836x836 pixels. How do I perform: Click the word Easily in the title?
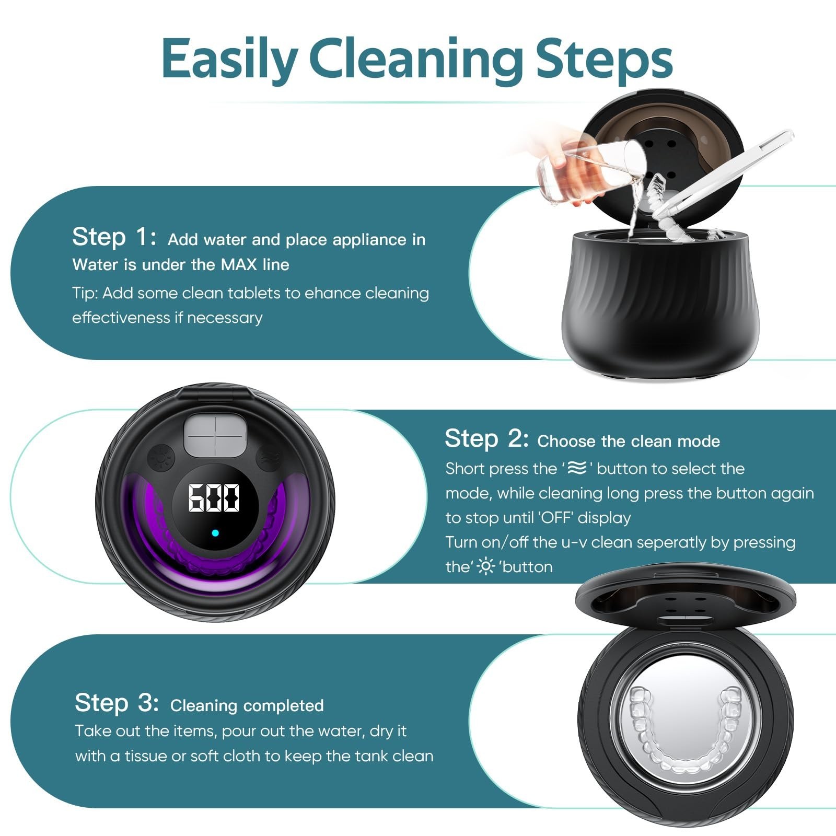[229, 59]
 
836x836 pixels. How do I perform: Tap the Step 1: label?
[114, 237]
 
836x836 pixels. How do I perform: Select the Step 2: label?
[486, 438]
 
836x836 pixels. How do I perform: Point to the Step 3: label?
[117, 703]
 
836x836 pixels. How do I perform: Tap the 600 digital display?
[214, 497]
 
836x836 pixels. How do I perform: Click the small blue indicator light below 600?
[215, 533]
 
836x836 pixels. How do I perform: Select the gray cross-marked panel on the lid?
[215, 435]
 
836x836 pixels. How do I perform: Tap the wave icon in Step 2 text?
[576, 468]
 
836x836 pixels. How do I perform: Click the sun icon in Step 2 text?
[486, 566]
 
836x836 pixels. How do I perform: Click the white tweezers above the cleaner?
[726, 172]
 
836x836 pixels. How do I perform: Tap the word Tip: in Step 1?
[85, 293]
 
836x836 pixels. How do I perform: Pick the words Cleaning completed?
[247, 705]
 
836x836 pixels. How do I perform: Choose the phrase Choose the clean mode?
[629, 442]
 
